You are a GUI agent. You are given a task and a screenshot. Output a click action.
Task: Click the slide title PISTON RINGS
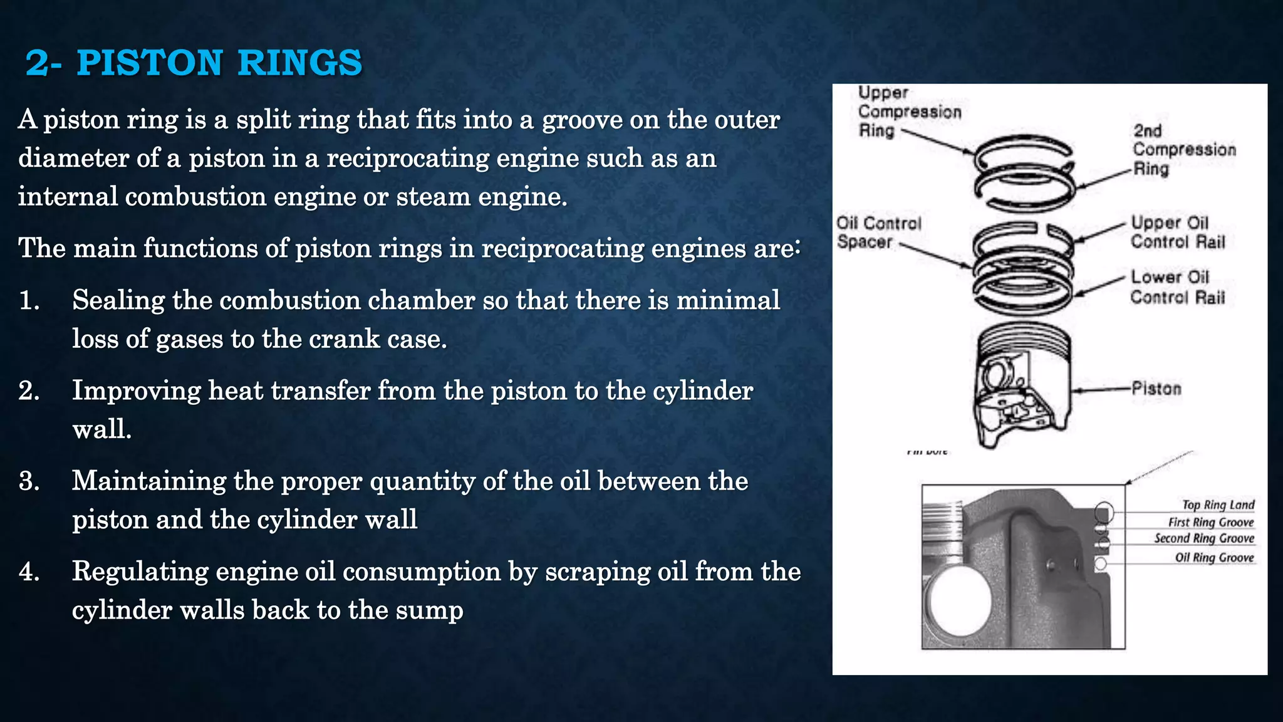[194, 63]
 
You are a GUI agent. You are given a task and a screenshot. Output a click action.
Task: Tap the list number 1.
[29, 301]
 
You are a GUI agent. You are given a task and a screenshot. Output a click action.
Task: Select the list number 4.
[29, 572]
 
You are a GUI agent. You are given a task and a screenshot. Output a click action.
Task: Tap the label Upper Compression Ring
[908, 112]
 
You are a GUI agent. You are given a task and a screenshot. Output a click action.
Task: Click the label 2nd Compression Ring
[1183, 149]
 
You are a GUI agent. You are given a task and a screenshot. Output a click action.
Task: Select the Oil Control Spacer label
[878, 233]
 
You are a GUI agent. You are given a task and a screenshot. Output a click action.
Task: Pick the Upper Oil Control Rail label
[1177, 233]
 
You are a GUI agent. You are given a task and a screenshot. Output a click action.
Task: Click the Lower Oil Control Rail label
[1177, 287]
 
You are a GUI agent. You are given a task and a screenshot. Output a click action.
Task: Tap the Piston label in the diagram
[1156, 389]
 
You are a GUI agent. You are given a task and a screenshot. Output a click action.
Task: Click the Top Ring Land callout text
[1218, 505]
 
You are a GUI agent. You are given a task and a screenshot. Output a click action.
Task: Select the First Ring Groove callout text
[1210, 522]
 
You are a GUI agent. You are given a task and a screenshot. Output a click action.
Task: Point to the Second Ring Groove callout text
[1203, 538]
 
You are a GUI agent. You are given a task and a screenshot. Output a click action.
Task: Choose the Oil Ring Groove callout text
[1214, 558]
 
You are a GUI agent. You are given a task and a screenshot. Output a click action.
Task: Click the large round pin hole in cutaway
[959, 602]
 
